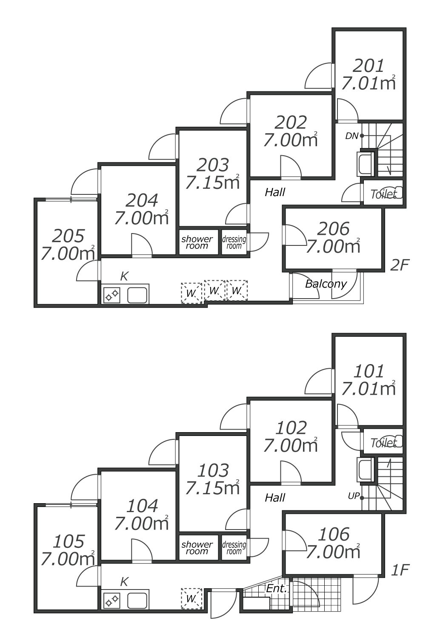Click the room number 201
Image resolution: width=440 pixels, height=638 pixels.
pos(369,66)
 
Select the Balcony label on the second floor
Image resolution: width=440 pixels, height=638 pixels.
pos(326,284)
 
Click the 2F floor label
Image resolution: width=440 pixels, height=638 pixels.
pos(399,265)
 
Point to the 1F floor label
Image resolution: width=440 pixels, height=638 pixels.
pos(399,570)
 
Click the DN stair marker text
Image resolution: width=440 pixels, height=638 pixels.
pos(351,136)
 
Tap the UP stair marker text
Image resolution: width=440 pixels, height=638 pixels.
pos(353,496)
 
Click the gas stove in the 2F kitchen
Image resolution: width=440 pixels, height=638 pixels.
pos(112,295)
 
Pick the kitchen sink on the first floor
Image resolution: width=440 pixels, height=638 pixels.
pos(137,601)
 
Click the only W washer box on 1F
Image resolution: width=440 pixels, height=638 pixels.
pos(191,599)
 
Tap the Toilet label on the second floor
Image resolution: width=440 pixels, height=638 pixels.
pos(383,194)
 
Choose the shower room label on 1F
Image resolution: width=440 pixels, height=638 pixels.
pos(197,548)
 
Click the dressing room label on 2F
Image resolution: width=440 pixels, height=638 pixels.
pos(234,242)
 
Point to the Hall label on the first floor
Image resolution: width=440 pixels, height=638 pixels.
pos(275,498)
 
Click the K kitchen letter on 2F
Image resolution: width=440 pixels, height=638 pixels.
pos(124,276)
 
